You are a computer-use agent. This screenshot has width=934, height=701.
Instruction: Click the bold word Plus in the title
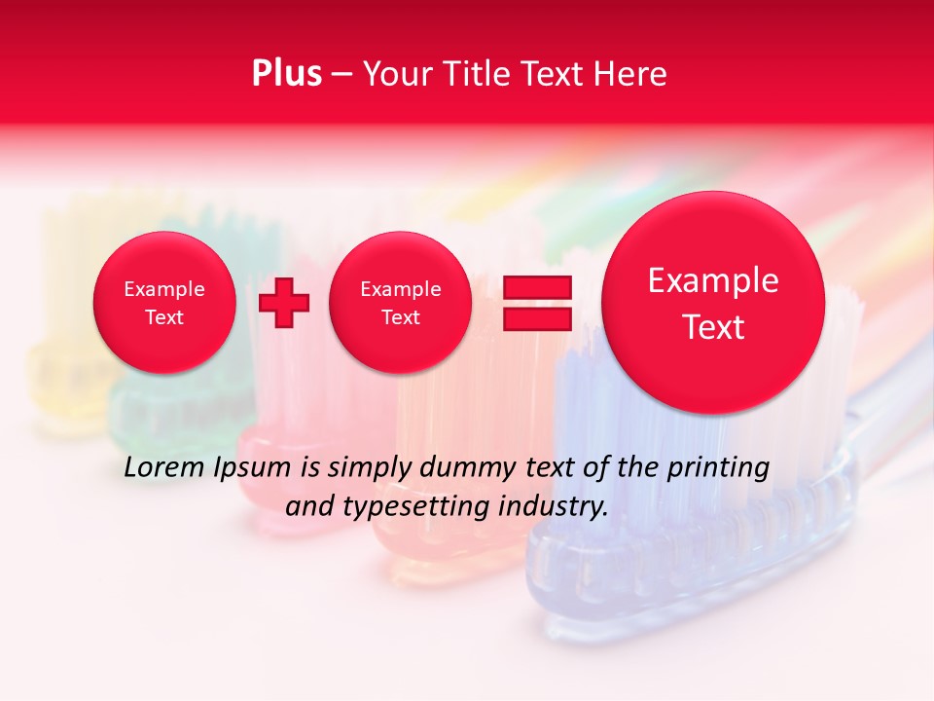286,73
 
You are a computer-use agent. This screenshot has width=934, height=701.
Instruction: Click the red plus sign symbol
284,303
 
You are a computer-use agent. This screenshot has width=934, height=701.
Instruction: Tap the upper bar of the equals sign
536,288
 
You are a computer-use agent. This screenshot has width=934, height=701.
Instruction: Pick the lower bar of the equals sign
536,318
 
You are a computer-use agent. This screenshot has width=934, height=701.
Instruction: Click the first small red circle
164,303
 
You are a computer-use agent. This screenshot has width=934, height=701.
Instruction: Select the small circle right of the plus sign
401,303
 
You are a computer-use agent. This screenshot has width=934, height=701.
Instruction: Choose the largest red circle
713,303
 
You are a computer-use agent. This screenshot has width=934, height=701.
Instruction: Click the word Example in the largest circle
713,280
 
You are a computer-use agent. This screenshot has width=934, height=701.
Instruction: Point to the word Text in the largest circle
713,327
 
